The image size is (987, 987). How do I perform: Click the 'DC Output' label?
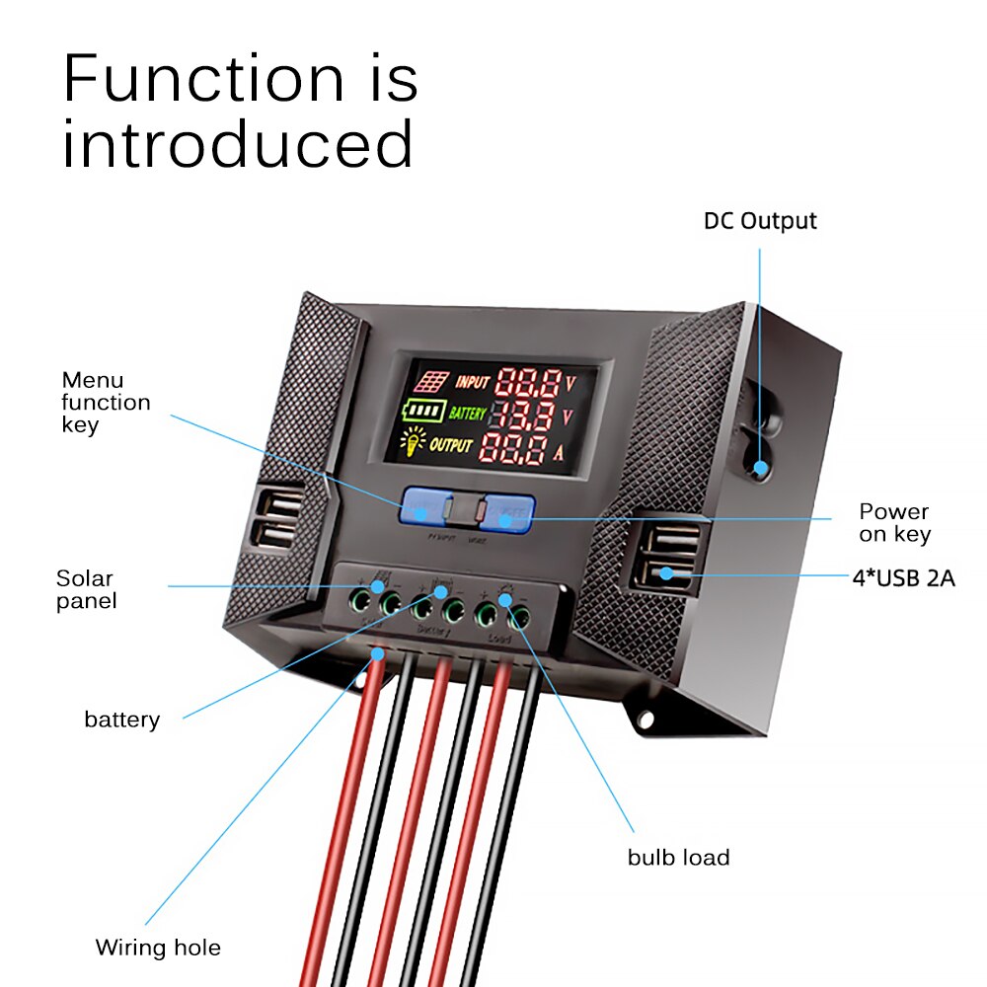pyautogui.click(x=760, y=221)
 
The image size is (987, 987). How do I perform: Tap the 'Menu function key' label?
pyautogui.click(x=106, y=403)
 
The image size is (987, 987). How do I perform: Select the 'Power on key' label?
pyautogui.click(x=893, y=523)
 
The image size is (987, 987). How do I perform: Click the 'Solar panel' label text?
pyautogui.click(x=86, y=589)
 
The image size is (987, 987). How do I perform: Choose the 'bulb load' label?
pyautogui.click(x=678, y=857)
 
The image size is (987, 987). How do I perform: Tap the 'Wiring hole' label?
pyautogui.click(x=158, y=949)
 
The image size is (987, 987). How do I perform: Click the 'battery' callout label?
pyautogui.click(x=121, y=720)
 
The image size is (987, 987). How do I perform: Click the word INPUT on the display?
pyautogui.click(x=473, y=381)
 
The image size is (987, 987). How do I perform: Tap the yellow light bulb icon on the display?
pyautogui.click(x=412, y=445)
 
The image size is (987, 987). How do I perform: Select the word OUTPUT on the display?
pyautogui.click(x=451, y=446)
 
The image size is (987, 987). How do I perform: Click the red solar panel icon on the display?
pyautogui.click(x=430, y=381)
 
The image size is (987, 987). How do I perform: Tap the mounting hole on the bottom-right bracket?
pyautogui.click(x=645, y=719)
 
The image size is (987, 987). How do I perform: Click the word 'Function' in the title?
pyautogui.click(x=202, y=79)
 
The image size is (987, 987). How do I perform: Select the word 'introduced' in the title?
pyautogui.click(x=238, y=145)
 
